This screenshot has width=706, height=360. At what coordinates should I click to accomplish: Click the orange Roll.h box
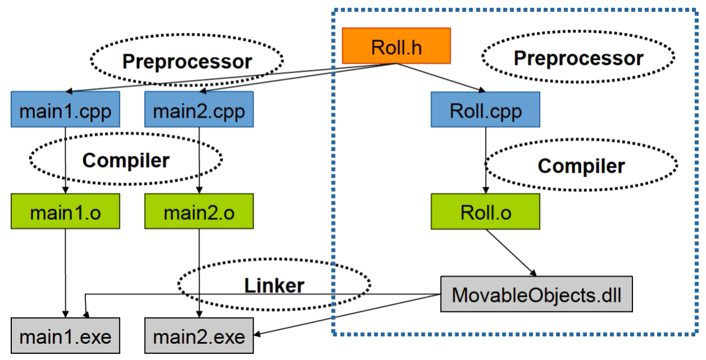point(397,47)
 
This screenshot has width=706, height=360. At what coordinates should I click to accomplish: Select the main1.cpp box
point(66,111)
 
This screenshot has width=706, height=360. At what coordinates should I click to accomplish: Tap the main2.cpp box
point(199,111)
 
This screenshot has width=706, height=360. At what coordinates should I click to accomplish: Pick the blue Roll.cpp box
point(485,111)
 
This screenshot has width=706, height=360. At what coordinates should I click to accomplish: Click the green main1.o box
point(66,213)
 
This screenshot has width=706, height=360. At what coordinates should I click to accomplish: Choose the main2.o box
point(199,213)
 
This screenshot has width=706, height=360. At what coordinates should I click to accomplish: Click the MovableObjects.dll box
point(537,295)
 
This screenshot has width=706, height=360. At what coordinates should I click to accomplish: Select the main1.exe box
point(66,337)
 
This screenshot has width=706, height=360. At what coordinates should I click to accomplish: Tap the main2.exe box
point(199,337)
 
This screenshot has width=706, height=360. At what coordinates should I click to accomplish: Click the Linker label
point(274,285)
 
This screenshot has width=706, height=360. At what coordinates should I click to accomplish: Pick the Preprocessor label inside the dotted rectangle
point(578,58)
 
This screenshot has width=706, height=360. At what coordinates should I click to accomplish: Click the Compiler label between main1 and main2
point(125,161)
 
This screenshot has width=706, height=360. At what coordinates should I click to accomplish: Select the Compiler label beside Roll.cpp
point(581,166)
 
